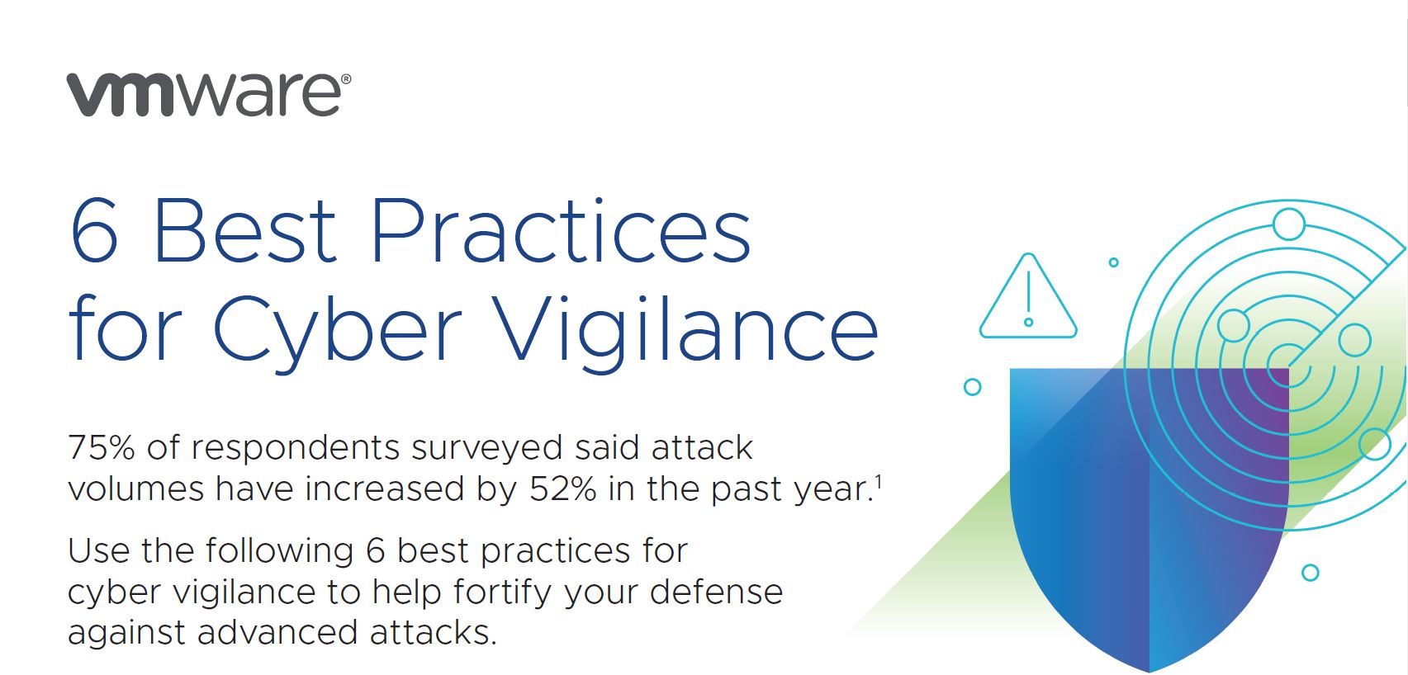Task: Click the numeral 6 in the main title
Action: tap(95, 232)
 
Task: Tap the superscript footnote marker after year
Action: tap(878, 482)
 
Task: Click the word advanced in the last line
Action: tap(277, 634)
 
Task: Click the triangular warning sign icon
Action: tap(1028, 299)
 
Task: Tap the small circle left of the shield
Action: tap(973, 387)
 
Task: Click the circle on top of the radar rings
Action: tap(1288, 224)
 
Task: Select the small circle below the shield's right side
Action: tap(1310, 573)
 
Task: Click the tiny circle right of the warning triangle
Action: tap(1113, 262)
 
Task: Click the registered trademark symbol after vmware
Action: tap(345, 80)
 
